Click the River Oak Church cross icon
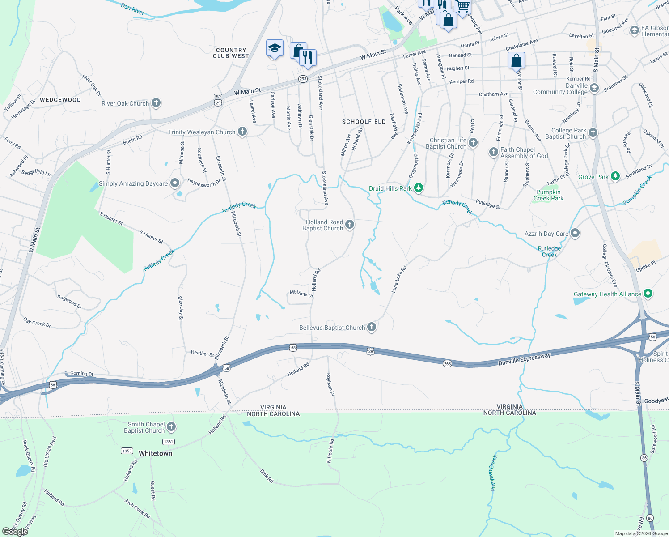click(x=156, y=103)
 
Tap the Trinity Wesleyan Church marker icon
click(x=242, y=132)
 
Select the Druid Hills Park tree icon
click(x=418, y=188)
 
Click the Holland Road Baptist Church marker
click(x=350, y=225)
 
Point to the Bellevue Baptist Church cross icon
click(x=371, y=327)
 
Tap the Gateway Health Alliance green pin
click(x=648, y=294)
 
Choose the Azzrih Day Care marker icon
click(x=575, y=233)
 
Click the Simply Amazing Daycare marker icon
click(x=175, y=183)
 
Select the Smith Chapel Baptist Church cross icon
click(x=171, y=427)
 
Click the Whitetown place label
click(x=155, y=453)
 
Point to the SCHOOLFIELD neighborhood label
click(x=364, y=122)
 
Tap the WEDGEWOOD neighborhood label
click(x=60, y=100)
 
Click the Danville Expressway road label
click(x=525, y=359)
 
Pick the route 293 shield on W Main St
click(x=303, y=79)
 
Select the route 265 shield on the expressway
click(x=447, y=363)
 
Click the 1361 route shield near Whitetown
click(x=168, y=442)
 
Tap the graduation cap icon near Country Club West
click(x=274, y=48)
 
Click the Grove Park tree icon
click(x=615, y=176)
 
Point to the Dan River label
click(x=132, y=9)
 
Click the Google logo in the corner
click(x=15, y=532)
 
